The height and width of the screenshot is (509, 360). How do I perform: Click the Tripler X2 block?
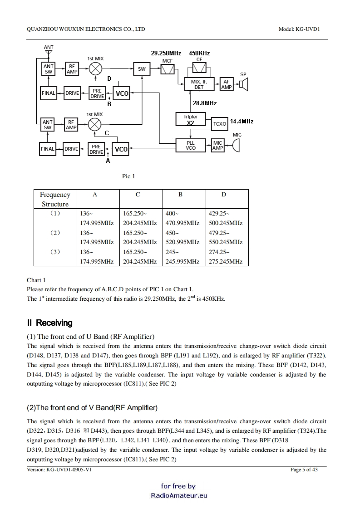191,120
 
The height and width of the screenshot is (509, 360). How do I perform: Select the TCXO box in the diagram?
220,123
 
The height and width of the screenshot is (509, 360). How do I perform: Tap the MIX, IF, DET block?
199,84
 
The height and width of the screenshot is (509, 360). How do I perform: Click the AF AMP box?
226,84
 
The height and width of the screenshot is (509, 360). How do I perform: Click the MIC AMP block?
218,146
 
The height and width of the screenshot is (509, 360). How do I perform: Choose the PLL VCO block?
191,146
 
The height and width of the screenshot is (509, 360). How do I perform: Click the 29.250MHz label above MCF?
166,54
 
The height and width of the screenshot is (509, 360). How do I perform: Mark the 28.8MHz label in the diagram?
205,103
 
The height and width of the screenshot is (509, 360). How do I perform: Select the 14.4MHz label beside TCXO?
242,122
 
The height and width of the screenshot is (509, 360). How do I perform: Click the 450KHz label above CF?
199,54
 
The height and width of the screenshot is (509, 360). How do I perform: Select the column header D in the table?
224,195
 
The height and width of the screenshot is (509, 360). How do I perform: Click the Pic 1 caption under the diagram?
129,176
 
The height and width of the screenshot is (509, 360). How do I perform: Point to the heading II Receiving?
49,323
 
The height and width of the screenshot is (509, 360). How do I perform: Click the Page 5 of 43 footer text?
304,470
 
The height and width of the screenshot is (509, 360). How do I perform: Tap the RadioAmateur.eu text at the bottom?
179,495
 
